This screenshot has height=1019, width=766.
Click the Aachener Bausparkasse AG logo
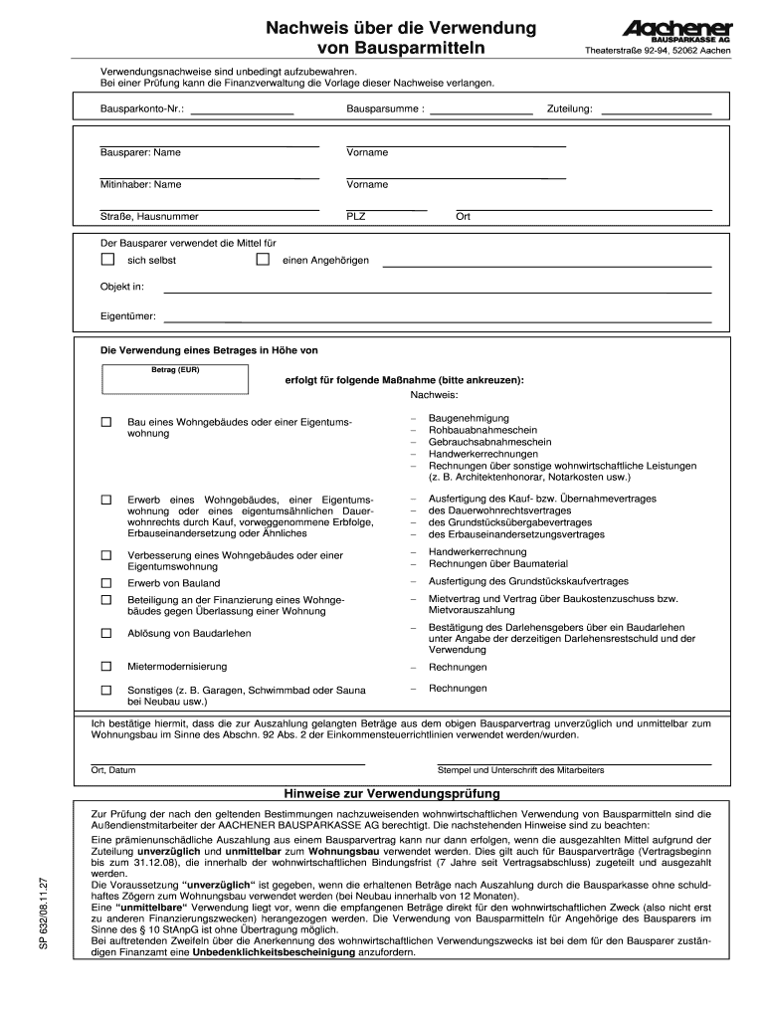[677, 31]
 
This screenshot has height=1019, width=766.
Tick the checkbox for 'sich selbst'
[107, 260]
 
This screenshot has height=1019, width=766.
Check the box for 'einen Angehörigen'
[263, 260]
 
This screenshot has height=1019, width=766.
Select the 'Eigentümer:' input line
[438, 320]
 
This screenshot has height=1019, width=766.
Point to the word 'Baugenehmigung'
[469, 418]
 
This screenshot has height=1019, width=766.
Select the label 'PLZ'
[356, 216]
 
